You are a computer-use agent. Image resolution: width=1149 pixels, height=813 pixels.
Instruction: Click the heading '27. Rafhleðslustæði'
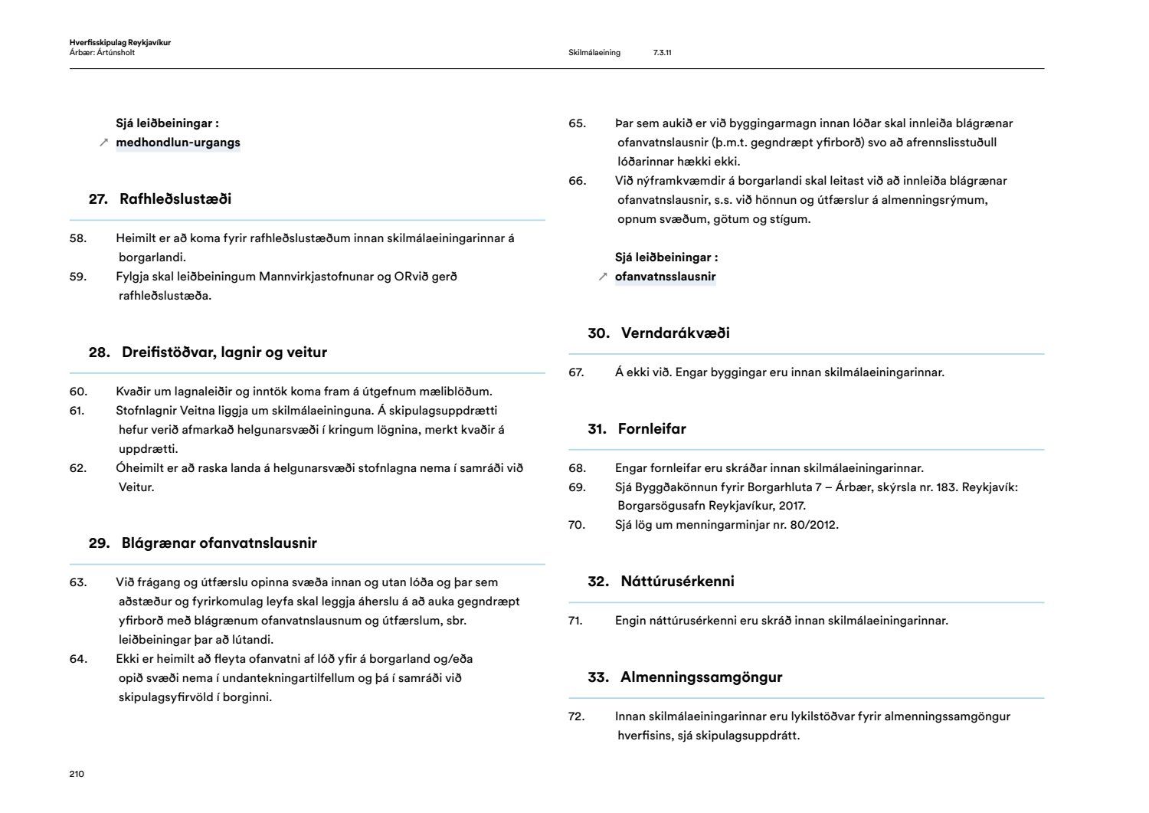(x=160, y=199)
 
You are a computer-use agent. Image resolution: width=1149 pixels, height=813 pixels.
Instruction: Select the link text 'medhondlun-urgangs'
(x=178, y=143)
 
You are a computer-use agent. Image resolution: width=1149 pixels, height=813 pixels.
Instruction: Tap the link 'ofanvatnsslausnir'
(x=665, y=277)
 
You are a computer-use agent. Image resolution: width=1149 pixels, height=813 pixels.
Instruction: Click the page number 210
(x=77, y=774)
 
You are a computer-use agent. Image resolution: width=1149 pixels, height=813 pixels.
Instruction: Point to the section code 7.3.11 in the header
(x=663, y=53)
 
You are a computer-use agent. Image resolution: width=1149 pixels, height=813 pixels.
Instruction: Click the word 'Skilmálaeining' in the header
(x=594, y=53)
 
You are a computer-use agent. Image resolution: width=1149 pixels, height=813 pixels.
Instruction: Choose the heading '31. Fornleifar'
(x=637, y=429)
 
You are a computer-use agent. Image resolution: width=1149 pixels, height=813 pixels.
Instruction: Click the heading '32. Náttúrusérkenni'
(x=661, y=582)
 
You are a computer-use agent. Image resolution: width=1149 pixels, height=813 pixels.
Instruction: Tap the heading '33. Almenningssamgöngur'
(x=685, y=677)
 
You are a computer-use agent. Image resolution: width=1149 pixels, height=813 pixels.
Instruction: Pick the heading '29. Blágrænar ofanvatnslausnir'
(x=202, y=543)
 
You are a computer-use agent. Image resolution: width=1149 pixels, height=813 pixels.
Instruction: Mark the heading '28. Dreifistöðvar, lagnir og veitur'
(x=208, y=352)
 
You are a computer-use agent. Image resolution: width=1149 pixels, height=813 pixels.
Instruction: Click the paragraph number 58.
(x=77, y=238)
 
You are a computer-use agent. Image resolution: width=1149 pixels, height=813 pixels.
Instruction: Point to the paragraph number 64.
(x=77, y=659)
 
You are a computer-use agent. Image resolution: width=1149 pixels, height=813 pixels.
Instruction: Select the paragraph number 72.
(x=576, y=716)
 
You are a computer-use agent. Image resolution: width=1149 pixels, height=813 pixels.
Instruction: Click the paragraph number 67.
(x=576, y=372)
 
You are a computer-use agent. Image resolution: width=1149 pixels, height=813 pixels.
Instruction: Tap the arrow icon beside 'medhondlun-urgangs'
(x=104, y=143)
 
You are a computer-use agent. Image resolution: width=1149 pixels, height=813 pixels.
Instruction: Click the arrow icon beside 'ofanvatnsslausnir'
(x=603, y=277)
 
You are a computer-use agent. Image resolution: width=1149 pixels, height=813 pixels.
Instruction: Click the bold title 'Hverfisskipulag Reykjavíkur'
(x=119, y=43)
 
